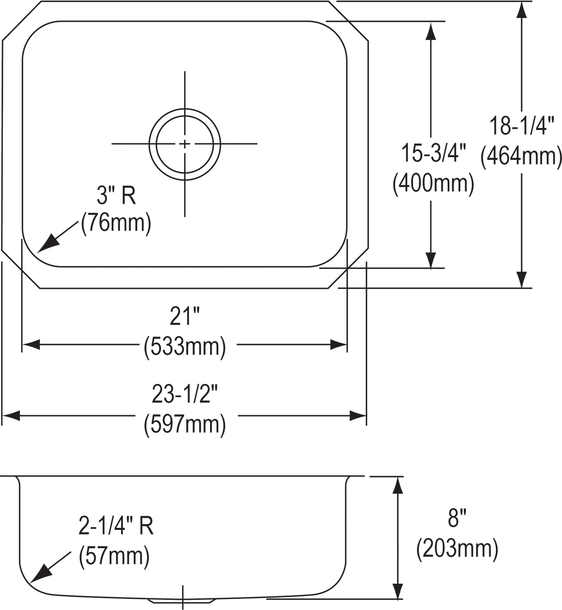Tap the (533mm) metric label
pyautogui.click(x=185, y=347)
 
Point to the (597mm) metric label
pyautogui.click(x=185, y=425)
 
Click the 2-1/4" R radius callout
pyautogui.click(x=116, y=526)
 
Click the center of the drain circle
pyautogui.click(x=185, y=144)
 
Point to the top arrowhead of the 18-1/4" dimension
pyautogui.click(x=522, y=10)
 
